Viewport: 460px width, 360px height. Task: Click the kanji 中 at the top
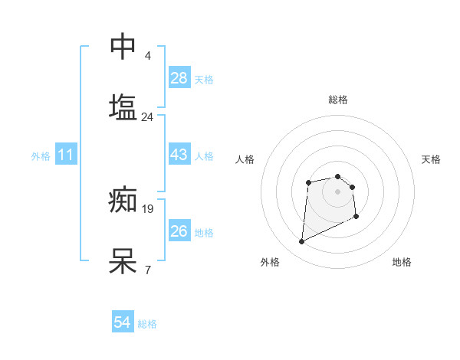[123, 47]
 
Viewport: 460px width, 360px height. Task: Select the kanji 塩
[123, 106]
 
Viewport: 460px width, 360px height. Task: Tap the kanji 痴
[123, 201]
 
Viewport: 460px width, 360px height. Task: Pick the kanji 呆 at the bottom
[123, 261]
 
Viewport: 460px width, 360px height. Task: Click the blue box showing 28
[179, 77]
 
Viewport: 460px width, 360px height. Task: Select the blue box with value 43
[179, 155]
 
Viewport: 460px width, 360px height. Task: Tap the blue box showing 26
[179, 231]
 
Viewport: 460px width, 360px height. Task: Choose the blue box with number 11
[66, 155]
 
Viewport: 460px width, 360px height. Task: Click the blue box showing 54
[123, 322]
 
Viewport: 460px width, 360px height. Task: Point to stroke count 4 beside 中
[147, 56]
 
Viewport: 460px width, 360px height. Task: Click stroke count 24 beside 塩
[147, 117]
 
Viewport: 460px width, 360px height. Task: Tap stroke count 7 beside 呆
[147, 270]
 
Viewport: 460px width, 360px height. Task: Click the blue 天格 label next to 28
[204, 80]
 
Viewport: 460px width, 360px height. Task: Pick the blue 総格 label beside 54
[147, 325]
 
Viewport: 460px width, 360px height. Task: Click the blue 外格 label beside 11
[41, 156]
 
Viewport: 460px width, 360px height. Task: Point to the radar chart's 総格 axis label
[338, 100]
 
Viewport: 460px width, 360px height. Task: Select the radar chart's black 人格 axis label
[245, 159]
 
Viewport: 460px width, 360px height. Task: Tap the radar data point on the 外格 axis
[301, 242]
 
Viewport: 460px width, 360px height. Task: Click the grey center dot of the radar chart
[337, 191]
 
